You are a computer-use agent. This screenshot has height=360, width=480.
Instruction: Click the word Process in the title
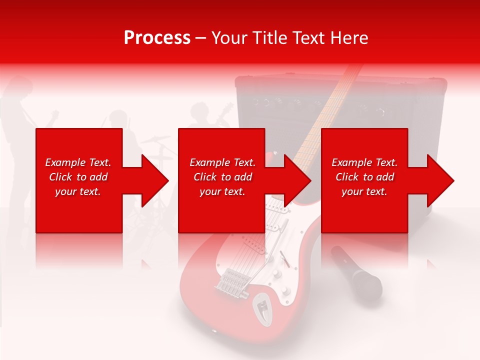coord(157,38)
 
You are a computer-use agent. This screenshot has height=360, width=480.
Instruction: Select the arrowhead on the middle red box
coord(297,180)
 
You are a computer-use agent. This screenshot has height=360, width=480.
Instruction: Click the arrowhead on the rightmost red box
coord(440,180)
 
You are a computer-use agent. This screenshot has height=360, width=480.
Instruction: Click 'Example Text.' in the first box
coord(78,162)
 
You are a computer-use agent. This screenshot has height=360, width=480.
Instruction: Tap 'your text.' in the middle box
coord(222,191)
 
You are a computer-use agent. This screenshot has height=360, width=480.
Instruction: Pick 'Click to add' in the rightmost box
coord(364,177)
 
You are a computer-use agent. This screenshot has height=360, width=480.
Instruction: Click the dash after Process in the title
coord(200,38)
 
